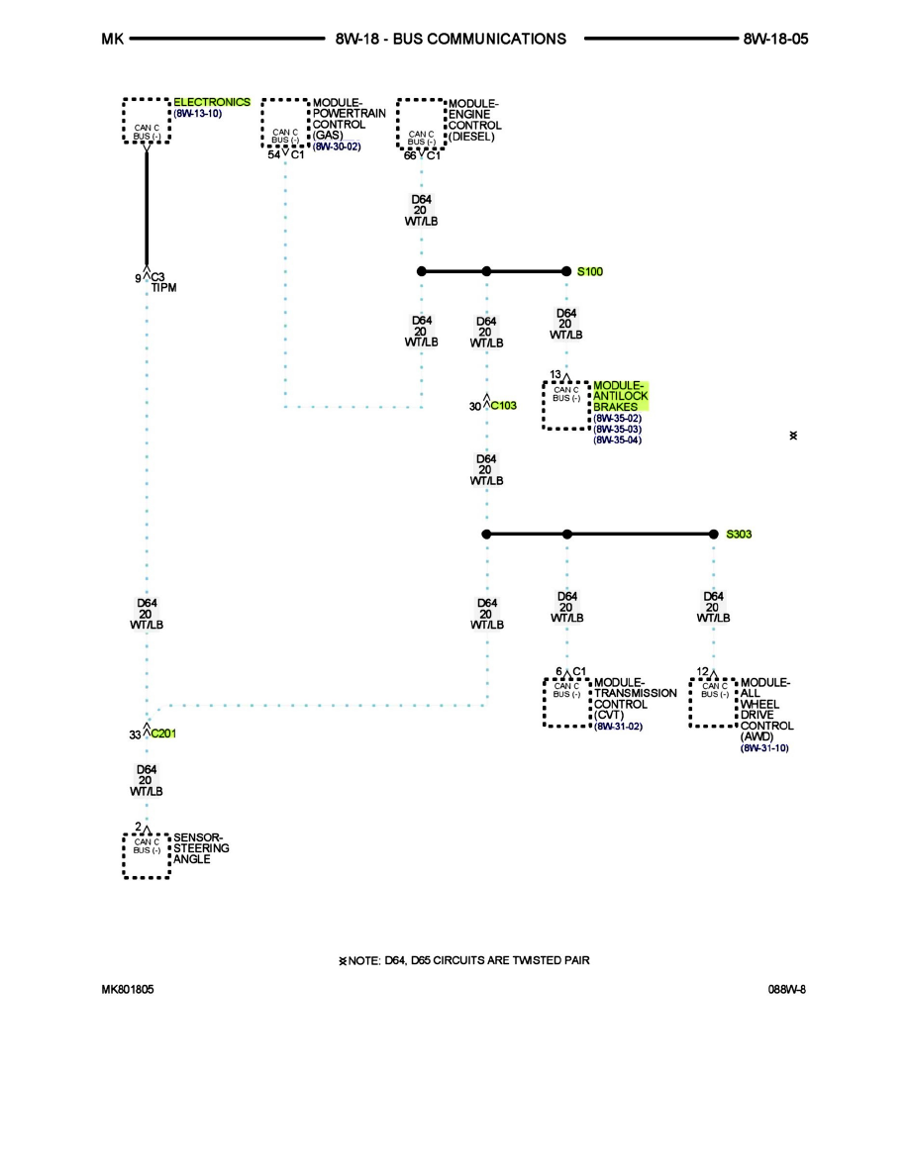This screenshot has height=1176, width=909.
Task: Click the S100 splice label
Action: pyautogui.click(x=589, y=270)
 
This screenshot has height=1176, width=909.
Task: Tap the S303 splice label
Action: pyautogui.click(x=739, y=535)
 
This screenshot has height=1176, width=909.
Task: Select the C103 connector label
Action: pyautogui.click(x=504, y=406)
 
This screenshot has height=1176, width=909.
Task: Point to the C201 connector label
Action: pyautogui.click(x=164, y=735)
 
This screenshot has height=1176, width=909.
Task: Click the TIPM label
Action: pyautogui.click(x=163, y=288)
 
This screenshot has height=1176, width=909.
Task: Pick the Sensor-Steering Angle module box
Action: pyautogui.click(x=147, y=855)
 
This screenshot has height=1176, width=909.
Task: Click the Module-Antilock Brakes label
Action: pyautogui.click(x=620, y=396)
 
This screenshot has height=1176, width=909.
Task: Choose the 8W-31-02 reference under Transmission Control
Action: pyautogui.click(x=618, y=727)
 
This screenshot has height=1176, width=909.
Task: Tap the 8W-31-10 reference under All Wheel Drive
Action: pyautogui.click(x=764, y=748)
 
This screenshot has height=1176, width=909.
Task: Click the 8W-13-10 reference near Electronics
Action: pyautogui.click(x=198, y=114)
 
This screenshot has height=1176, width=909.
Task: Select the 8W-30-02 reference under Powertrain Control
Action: pyautogui.click(x=337, y=147)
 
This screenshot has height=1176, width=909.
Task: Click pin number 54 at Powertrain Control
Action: pyautogui.click(x=274, y=155)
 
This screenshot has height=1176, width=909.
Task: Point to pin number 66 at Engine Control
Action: pyautogui.click(x=410, y=155)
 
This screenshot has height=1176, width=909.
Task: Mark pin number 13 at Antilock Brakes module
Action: pyautogui.click(x=555, y=374)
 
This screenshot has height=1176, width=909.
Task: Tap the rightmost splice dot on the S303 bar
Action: pyautogui.click(x=714, y=535)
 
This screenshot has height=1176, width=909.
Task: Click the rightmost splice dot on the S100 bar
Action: pyautogui.click(x=566, y=270)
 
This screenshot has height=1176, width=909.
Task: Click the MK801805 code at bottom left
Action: pyautogui.click(x=127, y=989)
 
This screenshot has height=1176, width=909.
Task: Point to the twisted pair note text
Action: pyautogui.click(x=470, y=960)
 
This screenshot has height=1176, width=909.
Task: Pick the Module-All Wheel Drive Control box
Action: pyautogui.click(x=714, y=703)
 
